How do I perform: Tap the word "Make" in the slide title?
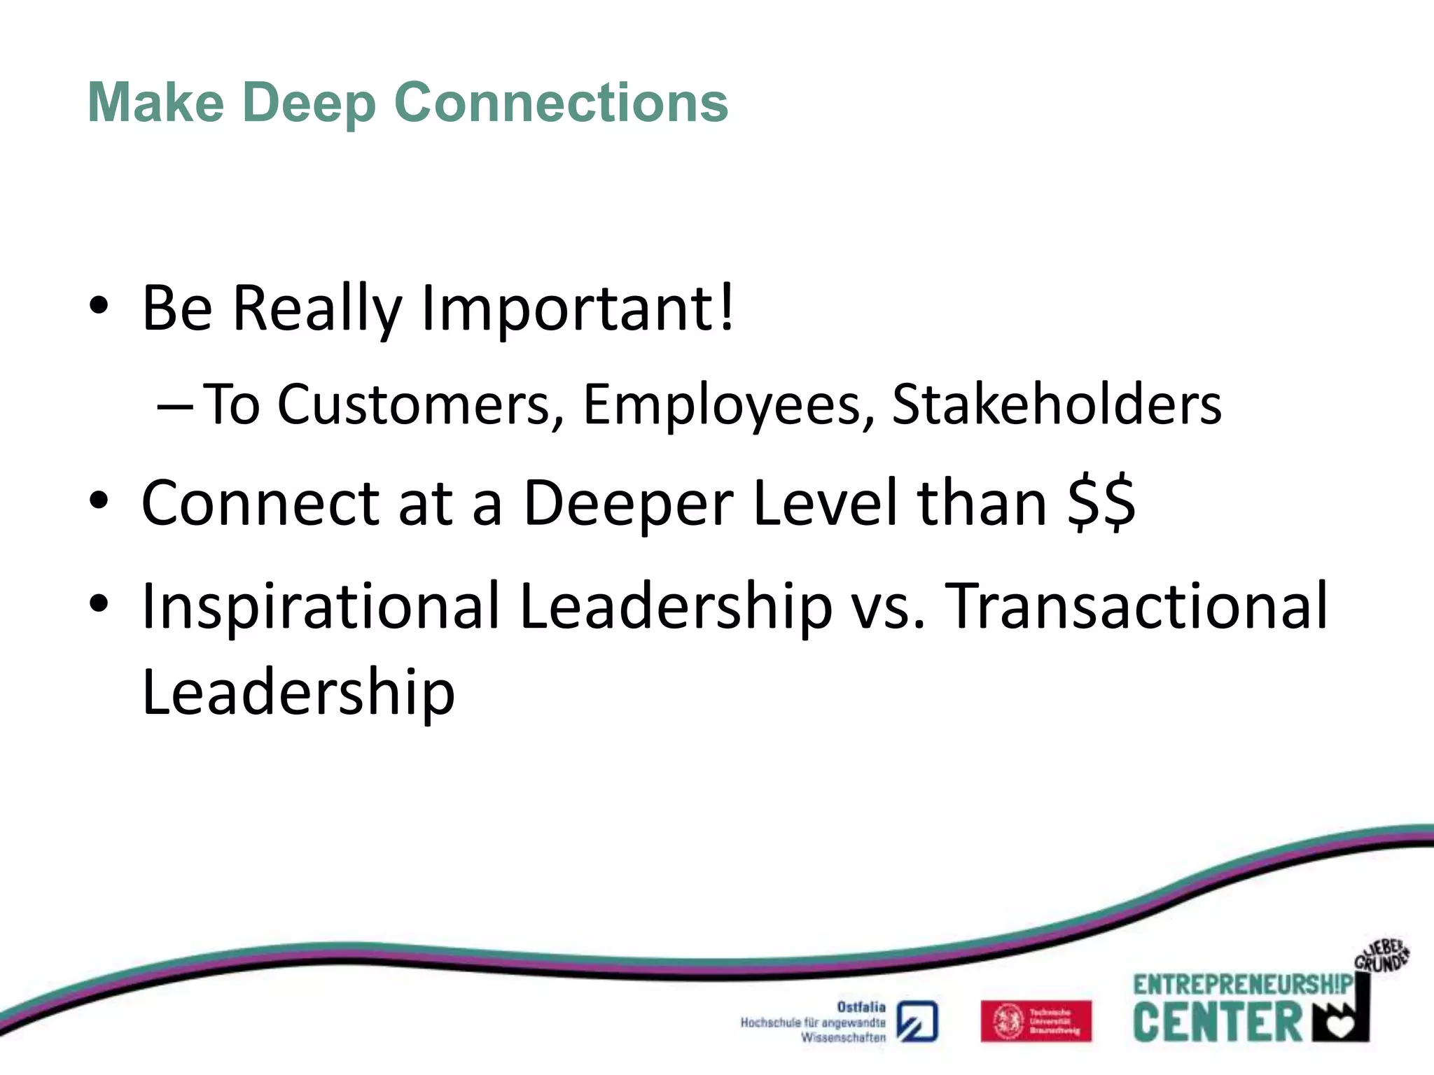pos(155,102)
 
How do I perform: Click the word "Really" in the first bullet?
pos(316,309)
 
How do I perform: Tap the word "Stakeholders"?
pos(1057,405)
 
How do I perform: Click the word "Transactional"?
pos(1136,605)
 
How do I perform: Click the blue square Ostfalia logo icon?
pos(917,1022)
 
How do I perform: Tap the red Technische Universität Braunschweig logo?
pos(1036,1021)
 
